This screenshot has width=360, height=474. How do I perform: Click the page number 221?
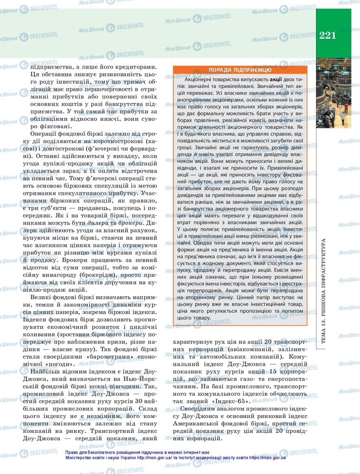tap(328, 35)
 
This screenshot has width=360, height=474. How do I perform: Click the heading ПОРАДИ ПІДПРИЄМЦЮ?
tap(240, 70)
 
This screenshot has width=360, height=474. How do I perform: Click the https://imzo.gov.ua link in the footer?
tap(267, 458)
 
